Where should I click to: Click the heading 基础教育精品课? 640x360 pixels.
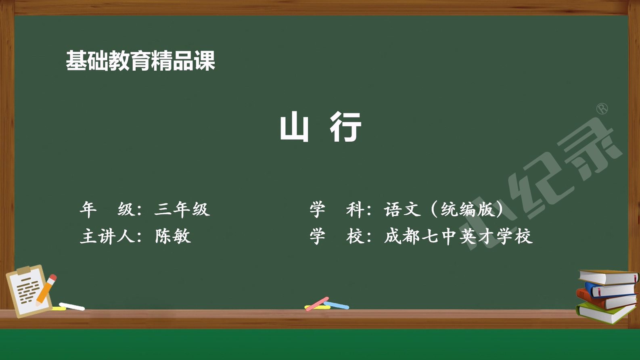(140, 61)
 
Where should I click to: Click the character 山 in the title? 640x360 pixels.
(294, 128)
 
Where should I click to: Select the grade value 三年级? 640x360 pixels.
(182, 209)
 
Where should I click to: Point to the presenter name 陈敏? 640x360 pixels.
(173, 236)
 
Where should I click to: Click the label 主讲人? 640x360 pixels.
(107, 236)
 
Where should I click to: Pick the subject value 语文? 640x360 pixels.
(402, 209)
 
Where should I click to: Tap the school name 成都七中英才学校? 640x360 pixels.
(458, 236)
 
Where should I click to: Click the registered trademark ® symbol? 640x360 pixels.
(602, 109)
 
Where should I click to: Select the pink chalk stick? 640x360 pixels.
(317, 304)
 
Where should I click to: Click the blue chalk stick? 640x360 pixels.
(336, 305)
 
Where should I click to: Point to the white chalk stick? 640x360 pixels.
(72, 306)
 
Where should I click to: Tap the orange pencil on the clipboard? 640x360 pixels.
(46, 290)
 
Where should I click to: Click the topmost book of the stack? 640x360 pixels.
(609, 276)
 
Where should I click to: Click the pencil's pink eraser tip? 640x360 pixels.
(53, 277)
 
